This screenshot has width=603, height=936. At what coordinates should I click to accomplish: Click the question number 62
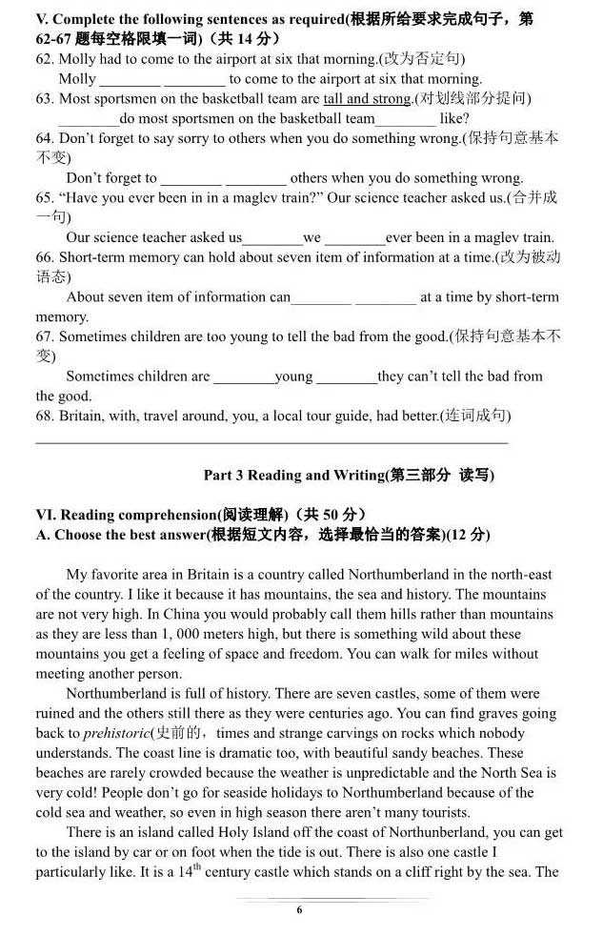coord(45,59)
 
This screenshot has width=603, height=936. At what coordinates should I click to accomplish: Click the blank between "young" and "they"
coord(346,377)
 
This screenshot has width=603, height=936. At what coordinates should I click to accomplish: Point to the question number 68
coord(45,417)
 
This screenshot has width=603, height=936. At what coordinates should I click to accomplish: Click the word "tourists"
coord(442,813)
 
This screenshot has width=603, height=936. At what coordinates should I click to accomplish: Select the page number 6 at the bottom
coord(299,910)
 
